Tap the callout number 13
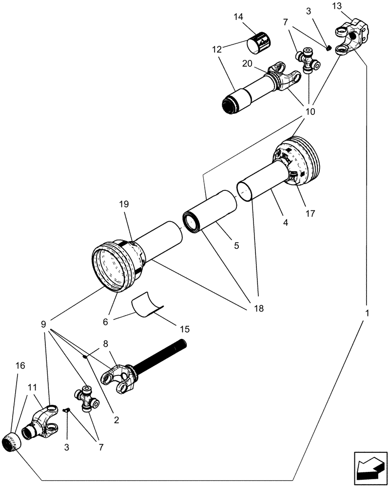[x=351, y=6]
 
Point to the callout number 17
[x=311, y=213]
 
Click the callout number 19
[x=123, y=205]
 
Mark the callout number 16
[x=20, y=365]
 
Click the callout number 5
[x=236, y=246]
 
